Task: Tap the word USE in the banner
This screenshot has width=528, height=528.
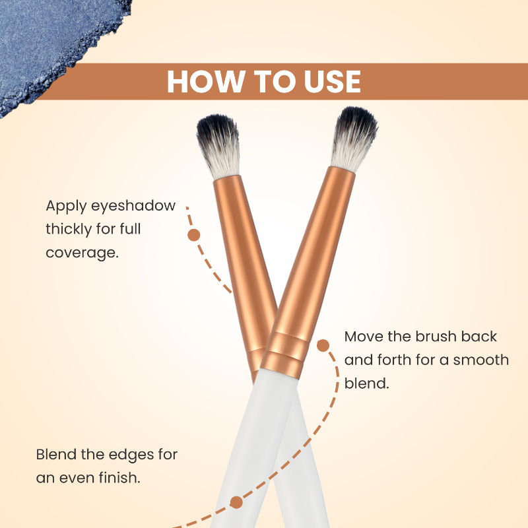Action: [333, 81]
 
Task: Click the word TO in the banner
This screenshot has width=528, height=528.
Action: [273, 81]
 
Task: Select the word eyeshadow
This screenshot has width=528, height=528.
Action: [133, 206]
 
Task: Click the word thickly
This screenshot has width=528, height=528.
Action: [69, 229]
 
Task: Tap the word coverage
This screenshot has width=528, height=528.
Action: [82, 253]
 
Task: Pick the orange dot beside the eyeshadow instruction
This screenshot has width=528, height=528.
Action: [193, 235]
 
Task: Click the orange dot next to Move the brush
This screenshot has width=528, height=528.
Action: [323, 345]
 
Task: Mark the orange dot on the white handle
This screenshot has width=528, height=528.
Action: [236, 502]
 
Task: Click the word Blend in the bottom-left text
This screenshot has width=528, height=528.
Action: [57, 455]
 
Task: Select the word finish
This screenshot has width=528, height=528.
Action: [119, 477]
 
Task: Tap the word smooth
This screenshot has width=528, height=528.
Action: [481, 360]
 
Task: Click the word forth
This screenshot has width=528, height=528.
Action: [395, 360]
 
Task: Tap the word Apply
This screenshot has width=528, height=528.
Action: [67, 206]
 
